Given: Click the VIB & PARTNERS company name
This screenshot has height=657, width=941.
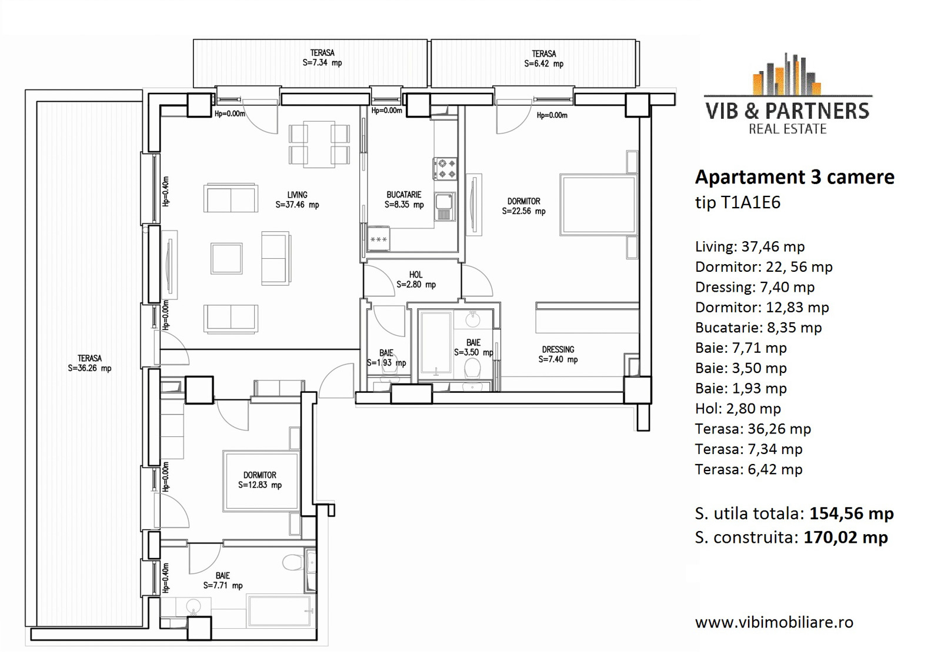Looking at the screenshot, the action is pyautogui.click(x=787, y=111).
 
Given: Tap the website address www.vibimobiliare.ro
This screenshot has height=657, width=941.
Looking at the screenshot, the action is pyautogui.click(x=774, y=622).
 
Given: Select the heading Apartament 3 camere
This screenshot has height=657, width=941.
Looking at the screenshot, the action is pyautogui.click(x=795, y=177).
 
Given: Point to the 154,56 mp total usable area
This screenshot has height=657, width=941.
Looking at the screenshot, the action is pyautogui.click(x=852, y=513).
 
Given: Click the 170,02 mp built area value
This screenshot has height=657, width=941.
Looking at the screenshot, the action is pyautogui.click(x=846, y=537).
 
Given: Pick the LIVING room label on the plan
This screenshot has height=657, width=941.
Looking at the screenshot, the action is pyautogui.click(x=298, y=195).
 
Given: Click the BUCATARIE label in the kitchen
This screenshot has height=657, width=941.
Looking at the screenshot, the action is pyautogui.click(x=403, y=195).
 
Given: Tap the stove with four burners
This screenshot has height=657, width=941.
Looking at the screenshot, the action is pyautogui.click(x=445, y=168).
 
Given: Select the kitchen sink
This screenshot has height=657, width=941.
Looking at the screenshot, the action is pyautogui.click(x=445, y=206).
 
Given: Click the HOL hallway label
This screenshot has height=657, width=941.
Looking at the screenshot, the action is pyautogui.click(x=416, y=275).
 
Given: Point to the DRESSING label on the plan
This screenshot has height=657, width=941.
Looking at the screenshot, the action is pyautogui.click(x=558, y=349).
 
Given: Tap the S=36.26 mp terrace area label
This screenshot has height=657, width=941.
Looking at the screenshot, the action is pyautogui.click(x=89, y=368).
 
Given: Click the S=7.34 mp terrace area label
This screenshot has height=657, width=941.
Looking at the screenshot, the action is pyautogui.click(x=322, y=63).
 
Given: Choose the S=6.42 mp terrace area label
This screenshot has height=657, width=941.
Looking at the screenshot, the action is pyautogui.click(x=543, y=64).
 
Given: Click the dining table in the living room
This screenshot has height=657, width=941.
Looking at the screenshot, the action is pyautogui.click(x=319, y=145).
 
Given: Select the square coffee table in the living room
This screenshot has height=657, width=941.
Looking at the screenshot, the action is pyautogui.click(x=226, y=258).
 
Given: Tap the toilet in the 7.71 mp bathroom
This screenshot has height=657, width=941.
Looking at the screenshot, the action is pyautogui.click(x=293, y=562).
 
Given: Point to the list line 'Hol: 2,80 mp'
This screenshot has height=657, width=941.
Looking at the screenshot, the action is pyautogui.click(x=738, y=409).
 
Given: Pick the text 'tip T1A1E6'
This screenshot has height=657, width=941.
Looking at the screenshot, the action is pyautogui.click(x=738, y=202).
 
